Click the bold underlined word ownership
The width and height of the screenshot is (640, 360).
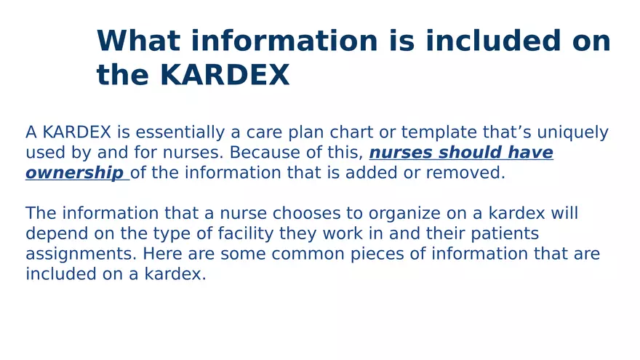pyautogui.click(x=73, y=173)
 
